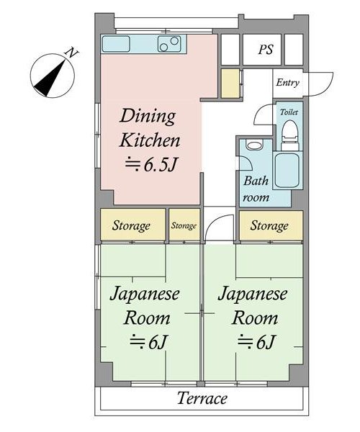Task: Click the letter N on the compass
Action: [73, 53]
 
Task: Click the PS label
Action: [266, 50]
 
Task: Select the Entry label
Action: [287, 83]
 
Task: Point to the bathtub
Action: [287, 171]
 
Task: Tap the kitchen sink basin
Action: [116, 44]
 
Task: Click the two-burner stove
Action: [169, 43]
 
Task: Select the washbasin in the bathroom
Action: [254, 145]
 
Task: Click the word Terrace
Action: [202, 398]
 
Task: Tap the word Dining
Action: [148, 117]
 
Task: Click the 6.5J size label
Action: [150, 165]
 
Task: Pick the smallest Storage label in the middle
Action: [184, 225]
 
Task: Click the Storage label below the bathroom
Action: [269, 225]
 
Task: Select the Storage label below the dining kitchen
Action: [131, 225]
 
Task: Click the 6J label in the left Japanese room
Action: [149, 342]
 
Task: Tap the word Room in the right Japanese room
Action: [254, 318]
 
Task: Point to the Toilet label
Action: [289, 112]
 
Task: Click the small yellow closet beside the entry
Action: [230, 84]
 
